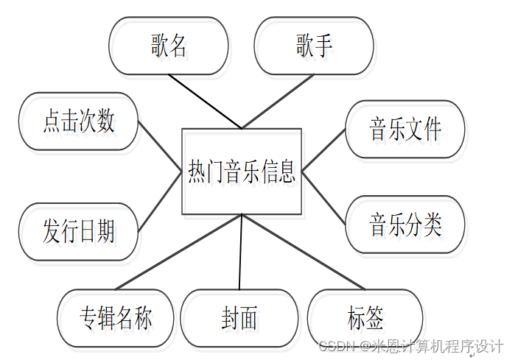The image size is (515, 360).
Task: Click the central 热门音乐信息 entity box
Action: point(242,172)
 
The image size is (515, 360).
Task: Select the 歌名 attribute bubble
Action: point(168,46)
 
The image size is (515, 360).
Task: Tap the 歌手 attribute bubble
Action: point(313,46)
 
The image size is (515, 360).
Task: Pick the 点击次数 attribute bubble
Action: point(79,121)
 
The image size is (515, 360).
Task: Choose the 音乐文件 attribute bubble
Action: point(405,129)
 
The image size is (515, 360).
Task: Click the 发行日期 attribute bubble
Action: point(79,231)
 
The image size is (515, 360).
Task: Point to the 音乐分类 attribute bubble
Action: point(405,224)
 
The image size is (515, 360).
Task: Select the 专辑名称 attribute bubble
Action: point(116,318)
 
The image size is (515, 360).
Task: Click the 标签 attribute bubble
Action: point(365,318)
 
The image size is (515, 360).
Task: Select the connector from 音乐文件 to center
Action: point(324,150)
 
